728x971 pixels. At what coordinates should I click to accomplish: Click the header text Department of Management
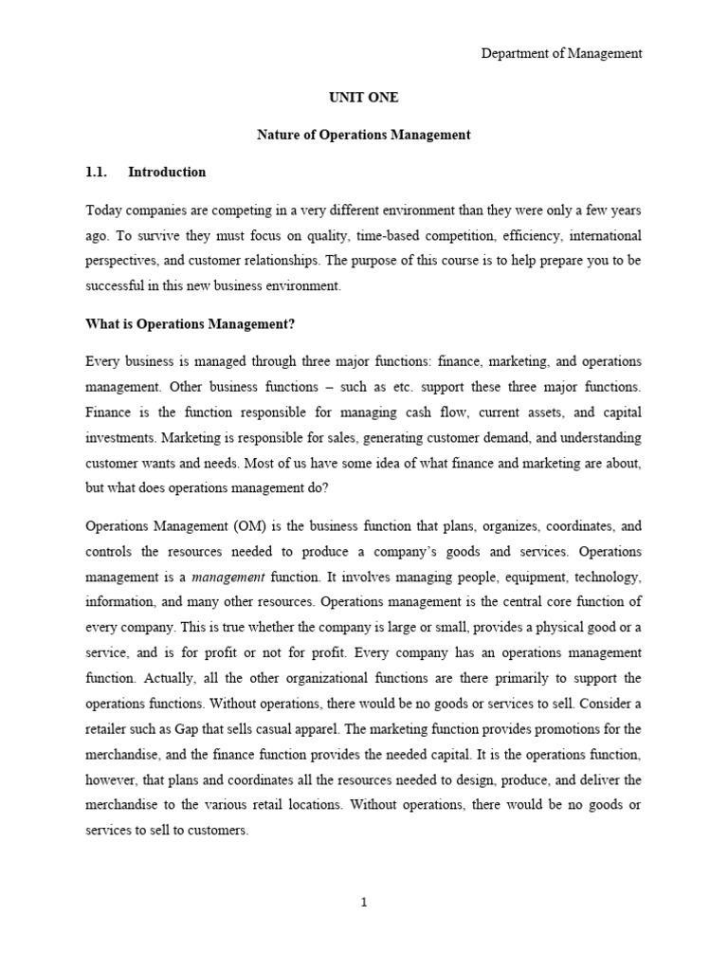click(x=561, y=54)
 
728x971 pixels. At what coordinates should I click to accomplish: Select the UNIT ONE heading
click(x=363, y=98)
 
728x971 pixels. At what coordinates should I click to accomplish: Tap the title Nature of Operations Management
click(x=363, y=135)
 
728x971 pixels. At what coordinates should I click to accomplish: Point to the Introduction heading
click(x=167, y=172)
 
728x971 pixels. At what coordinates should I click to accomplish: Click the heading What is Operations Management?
click(x=191, y=325)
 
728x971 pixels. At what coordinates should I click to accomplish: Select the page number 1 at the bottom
click(x=363, y=902)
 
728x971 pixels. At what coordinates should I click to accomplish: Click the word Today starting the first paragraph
click(x=104, y=209)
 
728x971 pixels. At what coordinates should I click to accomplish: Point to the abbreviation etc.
click(x=408, y=388)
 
